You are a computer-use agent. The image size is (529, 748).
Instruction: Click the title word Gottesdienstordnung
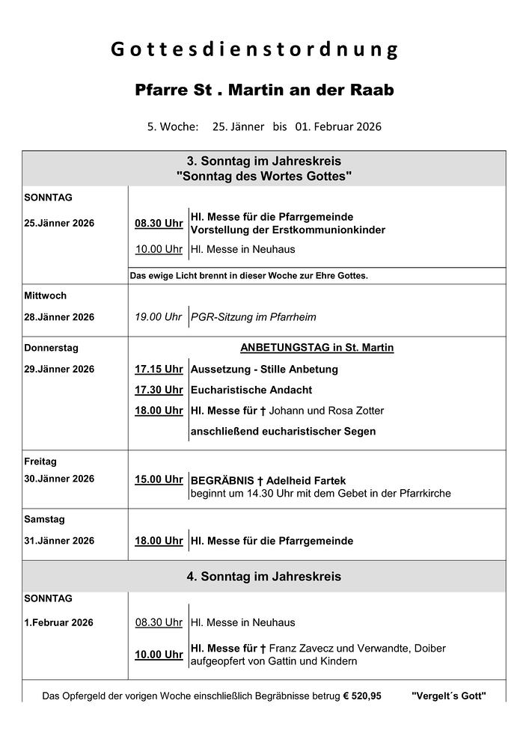[254, 50]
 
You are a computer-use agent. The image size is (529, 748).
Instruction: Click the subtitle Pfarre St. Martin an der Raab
[264, 90]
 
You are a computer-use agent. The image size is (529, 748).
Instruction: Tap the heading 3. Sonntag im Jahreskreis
[263, 161]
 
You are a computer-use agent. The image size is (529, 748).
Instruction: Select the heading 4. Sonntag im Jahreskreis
[263, 577]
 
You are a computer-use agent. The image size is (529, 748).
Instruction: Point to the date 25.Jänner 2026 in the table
[59, 223]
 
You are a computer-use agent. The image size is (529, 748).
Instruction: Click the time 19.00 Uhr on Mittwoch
[159, 317]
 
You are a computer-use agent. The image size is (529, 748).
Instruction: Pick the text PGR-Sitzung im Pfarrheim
[254, 317]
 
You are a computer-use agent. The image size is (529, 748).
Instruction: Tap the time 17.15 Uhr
[159, 369]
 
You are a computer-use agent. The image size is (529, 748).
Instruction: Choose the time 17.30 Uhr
[159, 390]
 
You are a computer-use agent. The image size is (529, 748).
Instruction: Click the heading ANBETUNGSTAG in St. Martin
[317, 348]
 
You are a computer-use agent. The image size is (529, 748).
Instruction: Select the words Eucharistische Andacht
[251, 390]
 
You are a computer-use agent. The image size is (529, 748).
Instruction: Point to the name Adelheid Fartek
[303, 481]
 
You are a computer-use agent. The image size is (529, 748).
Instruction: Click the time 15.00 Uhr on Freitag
[159, 479]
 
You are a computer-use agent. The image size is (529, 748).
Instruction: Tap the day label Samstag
[45, 519]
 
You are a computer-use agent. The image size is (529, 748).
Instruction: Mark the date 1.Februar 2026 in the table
[59, 622]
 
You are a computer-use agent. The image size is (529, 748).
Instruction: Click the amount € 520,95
[362, 696]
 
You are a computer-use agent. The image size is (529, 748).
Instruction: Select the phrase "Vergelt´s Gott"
[448, 696]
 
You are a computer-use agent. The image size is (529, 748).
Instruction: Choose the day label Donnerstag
[51, 348]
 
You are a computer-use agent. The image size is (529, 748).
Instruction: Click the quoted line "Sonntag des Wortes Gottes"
[263, 176]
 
